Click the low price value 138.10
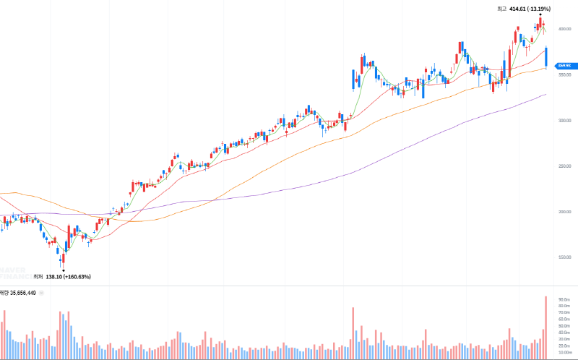click(55, 277)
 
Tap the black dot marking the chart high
click(540, 14)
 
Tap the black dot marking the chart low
click(63, 270)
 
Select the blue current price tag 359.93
click(565, 66)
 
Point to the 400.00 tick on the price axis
click(564, 29)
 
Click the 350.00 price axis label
click(564, 74)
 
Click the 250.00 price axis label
click(564, 166)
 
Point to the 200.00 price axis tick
click(564, 212)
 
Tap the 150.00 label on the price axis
click(564, 257)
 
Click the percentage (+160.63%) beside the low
click(77, 277)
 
